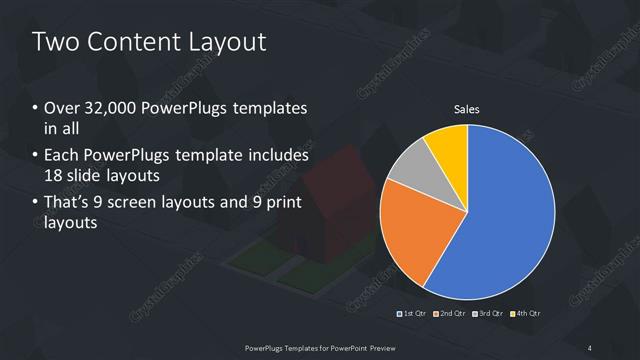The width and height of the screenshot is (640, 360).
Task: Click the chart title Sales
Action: (467, 108)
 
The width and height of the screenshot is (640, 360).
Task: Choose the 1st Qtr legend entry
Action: (412, 313)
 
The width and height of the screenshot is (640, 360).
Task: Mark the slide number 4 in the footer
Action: (590, 347)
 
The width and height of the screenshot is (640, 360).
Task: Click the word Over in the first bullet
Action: (59, 108)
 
